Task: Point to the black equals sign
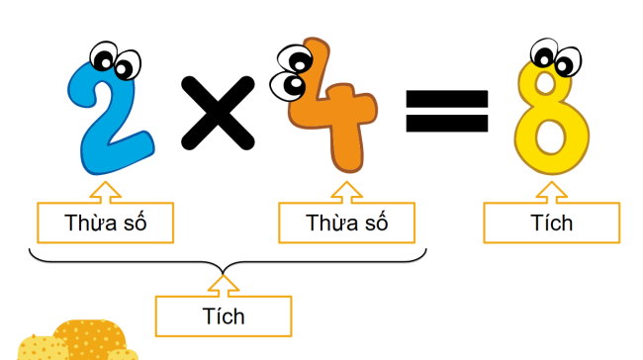[x=447, y=111]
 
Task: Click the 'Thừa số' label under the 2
[x=106, y=223]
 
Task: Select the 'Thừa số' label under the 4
[x=347, y=223]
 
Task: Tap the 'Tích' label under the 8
[x=552, y=223]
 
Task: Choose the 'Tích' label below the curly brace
[x=224, y=316]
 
